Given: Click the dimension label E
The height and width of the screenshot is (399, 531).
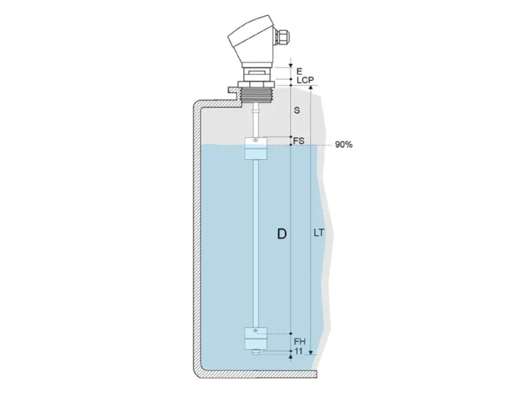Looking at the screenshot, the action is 300,71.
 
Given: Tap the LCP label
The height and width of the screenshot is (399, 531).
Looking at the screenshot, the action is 305,80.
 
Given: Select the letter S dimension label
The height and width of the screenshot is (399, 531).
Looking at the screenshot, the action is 296,110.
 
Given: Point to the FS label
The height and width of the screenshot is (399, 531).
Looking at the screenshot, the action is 299,141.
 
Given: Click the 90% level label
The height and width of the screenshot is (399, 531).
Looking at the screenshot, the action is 344,145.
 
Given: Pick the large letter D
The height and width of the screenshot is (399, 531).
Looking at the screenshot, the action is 282,234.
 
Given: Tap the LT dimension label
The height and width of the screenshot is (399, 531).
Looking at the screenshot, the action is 319,233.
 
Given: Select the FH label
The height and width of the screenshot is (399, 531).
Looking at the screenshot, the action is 300,342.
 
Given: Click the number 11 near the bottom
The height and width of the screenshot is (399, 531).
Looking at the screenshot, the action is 298,351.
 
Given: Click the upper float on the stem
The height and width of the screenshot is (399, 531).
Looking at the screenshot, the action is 256,149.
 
